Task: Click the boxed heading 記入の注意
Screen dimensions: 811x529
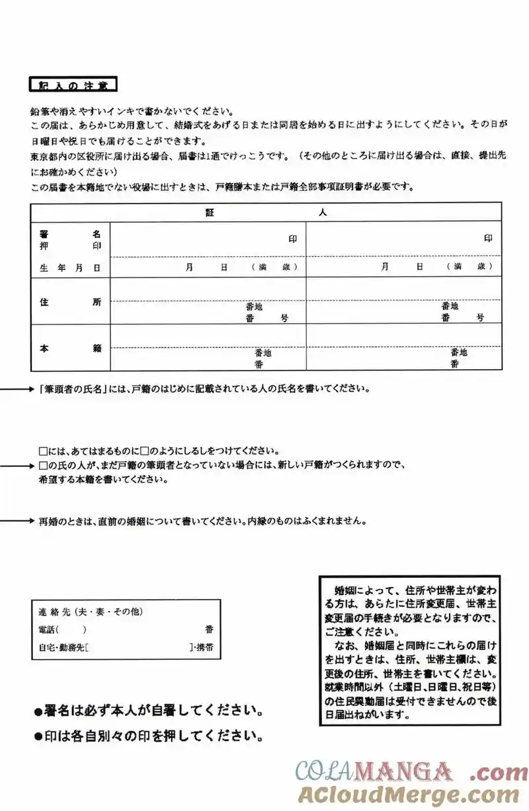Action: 73,85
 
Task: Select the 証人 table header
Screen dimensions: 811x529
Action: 264,213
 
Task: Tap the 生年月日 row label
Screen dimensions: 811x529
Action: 69,267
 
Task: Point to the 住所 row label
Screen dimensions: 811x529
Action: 69,302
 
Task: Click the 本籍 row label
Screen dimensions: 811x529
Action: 69,348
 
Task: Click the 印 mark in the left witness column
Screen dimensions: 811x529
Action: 292,239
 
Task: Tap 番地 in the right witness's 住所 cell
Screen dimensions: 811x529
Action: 450,306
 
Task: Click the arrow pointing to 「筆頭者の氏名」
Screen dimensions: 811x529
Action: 17,389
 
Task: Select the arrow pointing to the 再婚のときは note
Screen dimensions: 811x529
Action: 17,520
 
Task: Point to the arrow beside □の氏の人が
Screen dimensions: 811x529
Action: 17,466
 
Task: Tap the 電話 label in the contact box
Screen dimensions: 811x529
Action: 48,630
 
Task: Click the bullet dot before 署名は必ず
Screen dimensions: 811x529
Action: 38,713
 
